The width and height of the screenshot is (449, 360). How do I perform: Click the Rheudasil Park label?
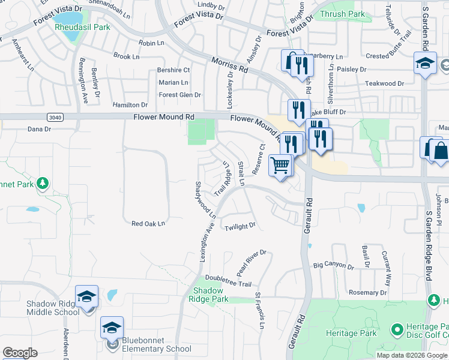click(x=82, y=27)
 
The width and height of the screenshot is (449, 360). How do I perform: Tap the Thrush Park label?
click(x=343, y=13)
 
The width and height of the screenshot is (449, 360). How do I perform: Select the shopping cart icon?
click(x=280, y=164)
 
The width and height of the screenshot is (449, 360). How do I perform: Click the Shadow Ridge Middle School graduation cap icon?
click(x=88, y=297)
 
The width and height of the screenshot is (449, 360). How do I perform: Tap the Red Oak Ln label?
click(x=148, y=224)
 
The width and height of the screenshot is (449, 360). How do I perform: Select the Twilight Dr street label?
click(x=240, y=227)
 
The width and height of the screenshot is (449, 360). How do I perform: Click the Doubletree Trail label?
click(x=228, y=277)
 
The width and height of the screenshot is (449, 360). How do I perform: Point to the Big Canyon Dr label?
click(x=338, y=265)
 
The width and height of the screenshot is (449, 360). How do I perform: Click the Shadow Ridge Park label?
click(x=209, y=294)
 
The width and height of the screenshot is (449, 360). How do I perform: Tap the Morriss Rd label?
click(x=230, y=65)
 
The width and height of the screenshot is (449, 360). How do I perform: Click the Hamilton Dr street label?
click(x=130, y=105)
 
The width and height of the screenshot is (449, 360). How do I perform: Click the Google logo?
click(x=20, y=353)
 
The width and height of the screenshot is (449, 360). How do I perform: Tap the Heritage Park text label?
click(x=351, y=333)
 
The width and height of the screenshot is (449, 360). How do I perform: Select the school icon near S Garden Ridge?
click(x=424, y=63)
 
